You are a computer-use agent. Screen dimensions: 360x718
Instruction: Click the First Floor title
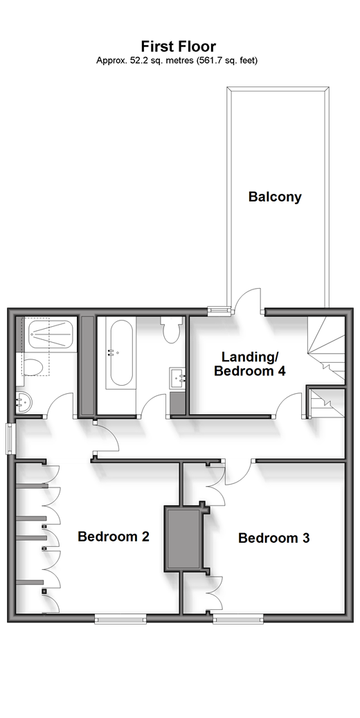tap(179, 46)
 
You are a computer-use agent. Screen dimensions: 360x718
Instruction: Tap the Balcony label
tap(275, 197)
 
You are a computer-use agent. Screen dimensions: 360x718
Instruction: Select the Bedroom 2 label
tap(114, 536)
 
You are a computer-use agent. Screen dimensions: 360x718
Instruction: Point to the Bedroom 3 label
tap(274, 538)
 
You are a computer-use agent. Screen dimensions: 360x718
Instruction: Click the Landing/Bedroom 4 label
tap(250, 364)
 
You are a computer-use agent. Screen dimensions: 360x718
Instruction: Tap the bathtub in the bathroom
tap(120, 352)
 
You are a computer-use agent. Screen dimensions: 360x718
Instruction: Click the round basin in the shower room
tap(23, 402)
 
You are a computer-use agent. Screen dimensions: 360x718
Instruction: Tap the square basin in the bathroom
tap(179, 378)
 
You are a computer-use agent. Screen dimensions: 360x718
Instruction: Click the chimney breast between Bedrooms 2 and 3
tap(183, 539)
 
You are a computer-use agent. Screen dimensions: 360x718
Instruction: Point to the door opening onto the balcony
tap(247, 300)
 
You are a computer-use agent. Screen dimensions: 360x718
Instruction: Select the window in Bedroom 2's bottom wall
tap(120, 619)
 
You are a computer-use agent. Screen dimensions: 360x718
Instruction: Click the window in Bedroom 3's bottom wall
tap(239, 619)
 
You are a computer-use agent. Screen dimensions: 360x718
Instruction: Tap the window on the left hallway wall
tap(10, 439)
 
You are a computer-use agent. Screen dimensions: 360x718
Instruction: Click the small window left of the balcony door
tap(218, 312)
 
